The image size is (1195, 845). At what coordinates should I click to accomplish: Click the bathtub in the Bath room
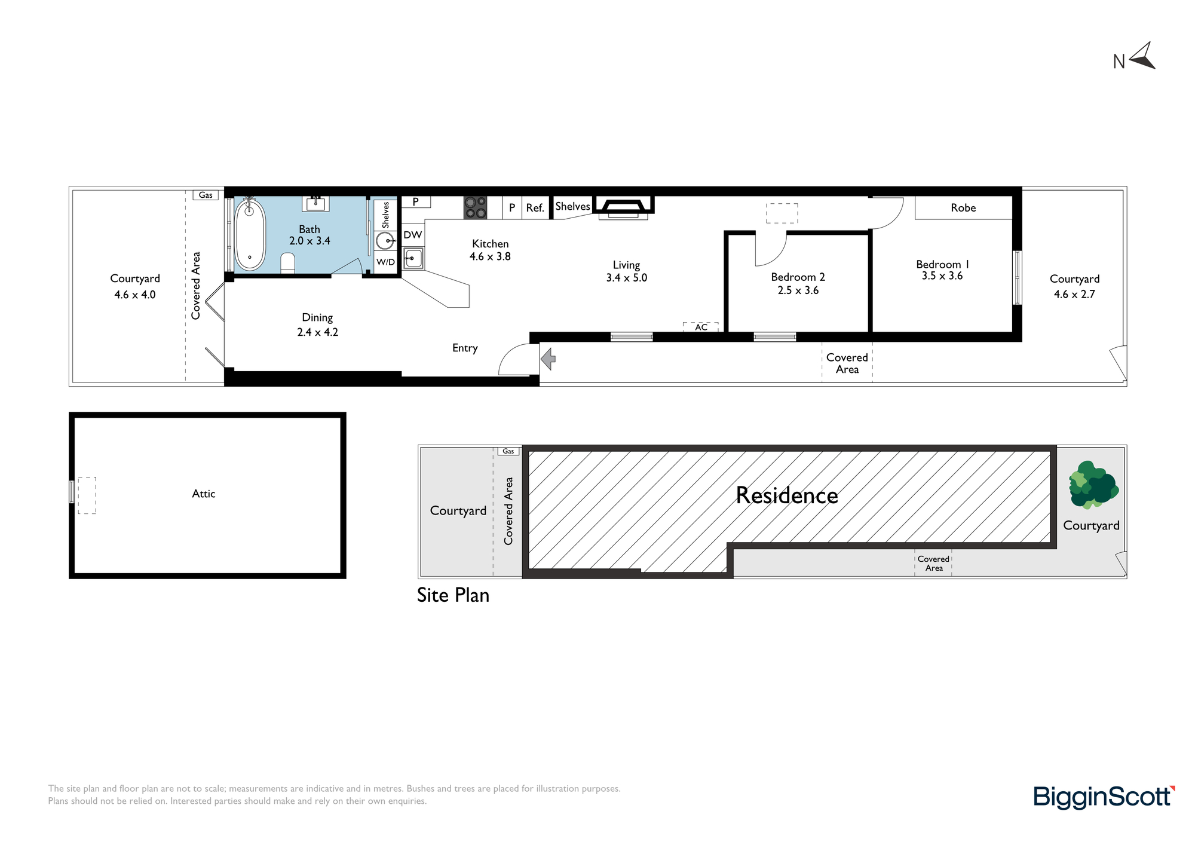pyautogui.click(x=250, y=235)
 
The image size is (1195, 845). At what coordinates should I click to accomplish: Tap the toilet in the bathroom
pyautogui.click(x=288, y=263)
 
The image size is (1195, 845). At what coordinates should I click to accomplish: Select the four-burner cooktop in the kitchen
pyautogui.click(x=475, y=207)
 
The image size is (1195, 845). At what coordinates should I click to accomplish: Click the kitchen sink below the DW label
pyautogui.click(x=413, y=259)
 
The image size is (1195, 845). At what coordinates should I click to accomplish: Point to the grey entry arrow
pyautogui.click(x=548, y=359)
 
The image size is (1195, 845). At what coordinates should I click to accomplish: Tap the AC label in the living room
pyautogui.click(x=701, y=327)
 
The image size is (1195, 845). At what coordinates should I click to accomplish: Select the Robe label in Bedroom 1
pyautogui.click(x=963, y=208)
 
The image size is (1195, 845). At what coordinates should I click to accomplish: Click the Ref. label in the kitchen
pyautogui.click(x=535, y=208)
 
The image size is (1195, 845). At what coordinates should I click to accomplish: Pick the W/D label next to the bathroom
pyautogui.click(x=385, y=262)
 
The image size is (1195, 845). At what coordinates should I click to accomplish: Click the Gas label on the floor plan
pyautogui.click(x=206, y=195)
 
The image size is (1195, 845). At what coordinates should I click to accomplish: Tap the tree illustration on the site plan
pyautogui.click(x=1093, y=485)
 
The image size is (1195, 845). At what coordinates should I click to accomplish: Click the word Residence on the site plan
pyautogui.click(x=787, y=495)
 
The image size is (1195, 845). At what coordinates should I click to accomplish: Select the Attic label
pyautogui.click(x=204, y=494)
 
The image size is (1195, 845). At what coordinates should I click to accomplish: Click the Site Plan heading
pyautogui.click(x=453, y=595)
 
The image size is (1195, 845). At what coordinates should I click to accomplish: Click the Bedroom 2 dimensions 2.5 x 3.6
pyautogui.click(x=798, y=290)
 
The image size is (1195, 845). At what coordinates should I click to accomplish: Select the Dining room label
pyautogui.click(x=317, y=318)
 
